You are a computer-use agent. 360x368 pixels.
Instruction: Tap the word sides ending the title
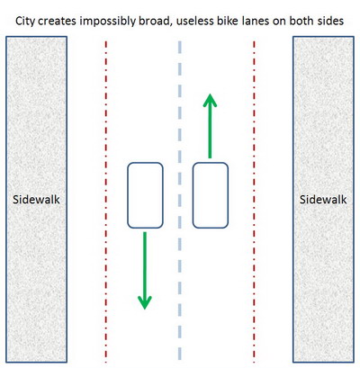click(x=330, y=21)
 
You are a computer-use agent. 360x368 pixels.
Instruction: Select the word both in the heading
click(x=301, y=21)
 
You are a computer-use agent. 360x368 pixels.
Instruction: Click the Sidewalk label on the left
click(x=36, y=200)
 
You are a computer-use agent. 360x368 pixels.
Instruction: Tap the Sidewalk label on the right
click(x=323, y=200)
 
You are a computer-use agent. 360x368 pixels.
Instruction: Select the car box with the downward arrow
click(x=145, y=195)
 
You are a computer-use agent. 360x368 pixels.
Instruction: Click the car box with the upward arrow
click(x=211, y=195)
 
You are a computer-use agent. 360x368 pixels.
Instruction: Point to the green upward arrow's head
click(x=210, y=100)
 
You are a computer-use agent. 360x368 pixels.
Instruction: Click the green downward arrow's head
click(x=145, y=302)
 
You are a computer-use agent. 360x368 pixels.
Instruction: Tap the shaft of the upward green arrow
click(x=210, y=132)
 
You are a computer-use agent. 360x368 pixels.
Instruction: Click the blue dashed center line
click(x=180, y=201)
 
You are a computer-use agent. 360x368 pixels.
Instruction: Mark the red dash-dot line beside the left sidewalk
click(x=106, y=202)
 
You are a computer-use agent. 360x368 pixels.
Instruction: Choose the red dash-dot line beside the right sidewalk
click(x=254, y=202)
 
